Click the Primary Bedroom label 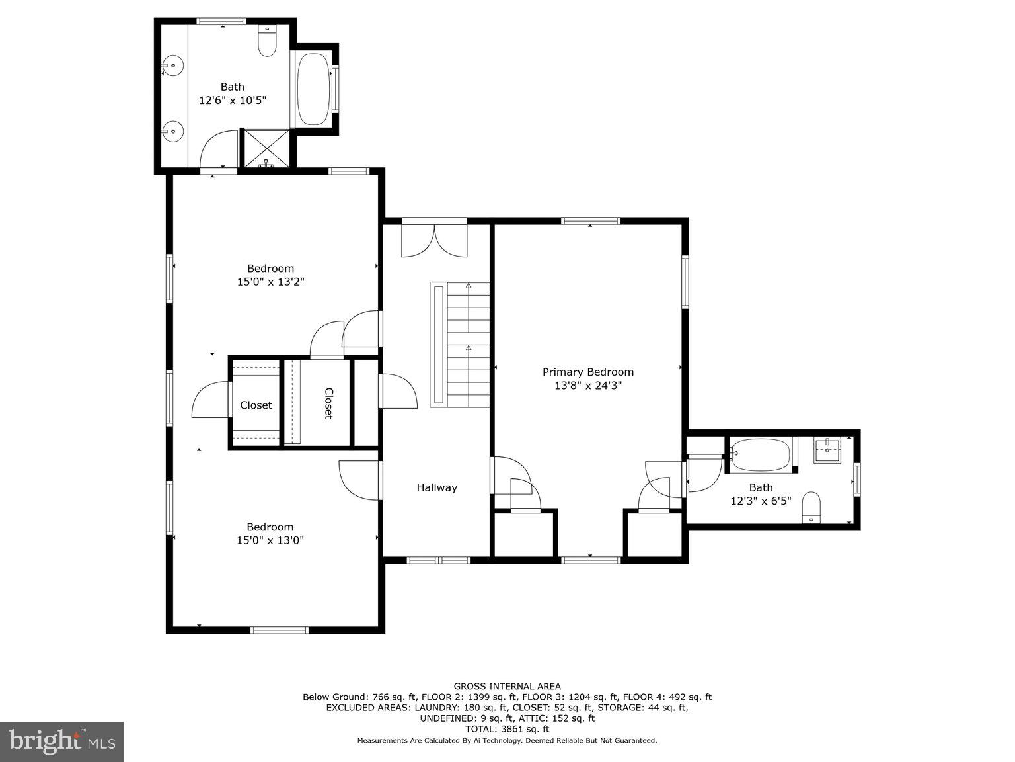pos(587,372)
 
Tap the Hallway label pos(436,487)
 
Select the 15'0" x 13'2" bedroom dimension pos(270,282)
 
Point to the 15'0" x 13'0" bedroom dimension pos(270,540)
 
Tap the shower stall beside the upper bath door pos(266,148)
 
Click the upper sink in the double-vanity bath pos(173,65)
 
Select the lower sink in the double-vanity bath pos(173,131)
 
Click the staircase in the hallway pos(469,344)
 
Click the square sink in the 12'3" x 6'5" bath pos(827,450)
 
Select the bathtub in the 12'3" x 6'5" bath pos(760,455)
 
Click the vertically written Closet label pos(328,403)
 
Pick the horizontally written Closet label pos(256,405)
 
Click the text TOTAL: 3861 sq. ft pos(507,729)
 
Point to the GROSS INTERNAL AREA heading pos(507,687)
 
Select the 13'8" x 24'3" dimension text pos(587,386)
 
